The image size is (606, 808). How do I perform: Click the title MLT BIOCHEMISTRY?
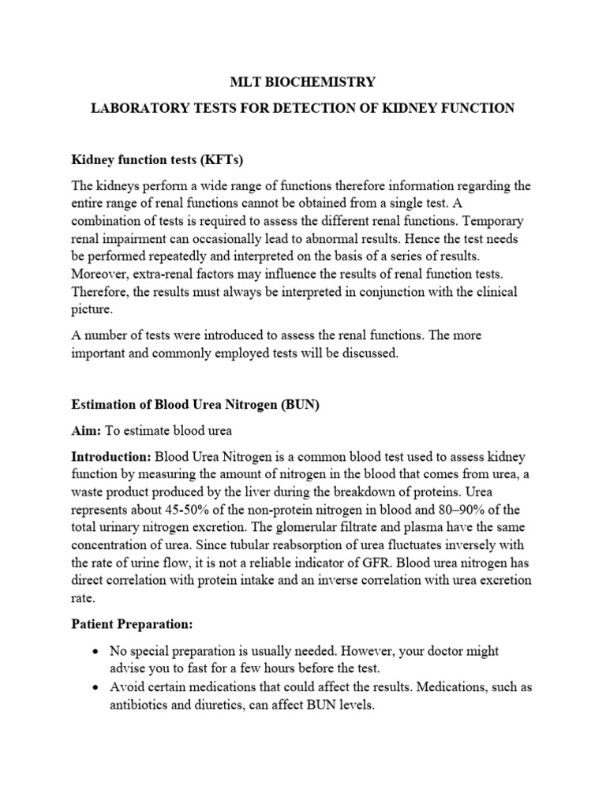pos(303,81)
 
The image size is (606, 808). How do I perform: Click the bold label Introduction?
pos(111,457)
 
